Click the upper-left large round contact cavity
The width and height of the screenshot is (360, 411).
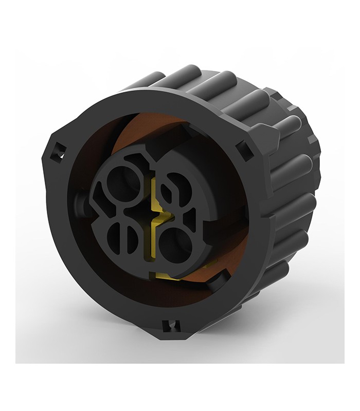click(x=121, y=184)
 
